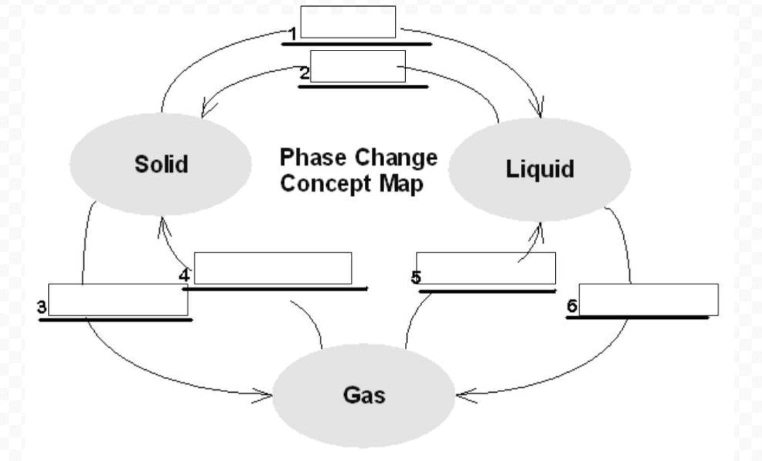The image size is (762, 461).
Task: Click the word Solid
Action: pyautogui.click(x=161, y=164)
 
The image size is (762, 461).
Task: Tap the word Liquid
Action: pyautogui.click(x=539, y=168)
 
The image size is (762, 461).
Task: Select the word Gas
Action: pyautogui.click(x=364, y=395)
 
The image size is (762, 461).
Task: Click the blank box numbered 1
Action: pyautogui.click(x=348, y=22)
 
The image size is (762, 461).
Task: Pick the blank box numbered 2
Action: pyautogui.click(x=358, y=66)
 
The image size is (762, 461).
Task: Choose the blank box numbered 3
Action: pyautogui.click(x=118, y=299)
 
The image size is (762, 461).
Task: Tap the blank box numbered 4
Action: pyautogui.click(x=273, y=268)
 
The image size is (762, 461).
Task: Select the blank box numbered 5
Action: pyautogui.click(x=485, y=268)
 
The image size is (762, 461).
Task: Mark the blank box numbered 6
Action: pyautogui.click(x=648, y=299)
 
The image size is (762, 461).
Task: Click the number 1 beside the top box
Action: pyautogui.click(x=293, y=33)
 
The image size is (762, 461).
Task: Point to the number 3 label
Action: pyautogui.click(x=42, y=307)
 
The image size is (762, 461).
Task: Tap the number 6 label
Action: pyautogui.click(x=572, y=305)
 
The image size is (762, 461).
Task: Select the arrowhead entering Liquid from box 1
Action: pyautogui.click(x=540, y=111)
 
